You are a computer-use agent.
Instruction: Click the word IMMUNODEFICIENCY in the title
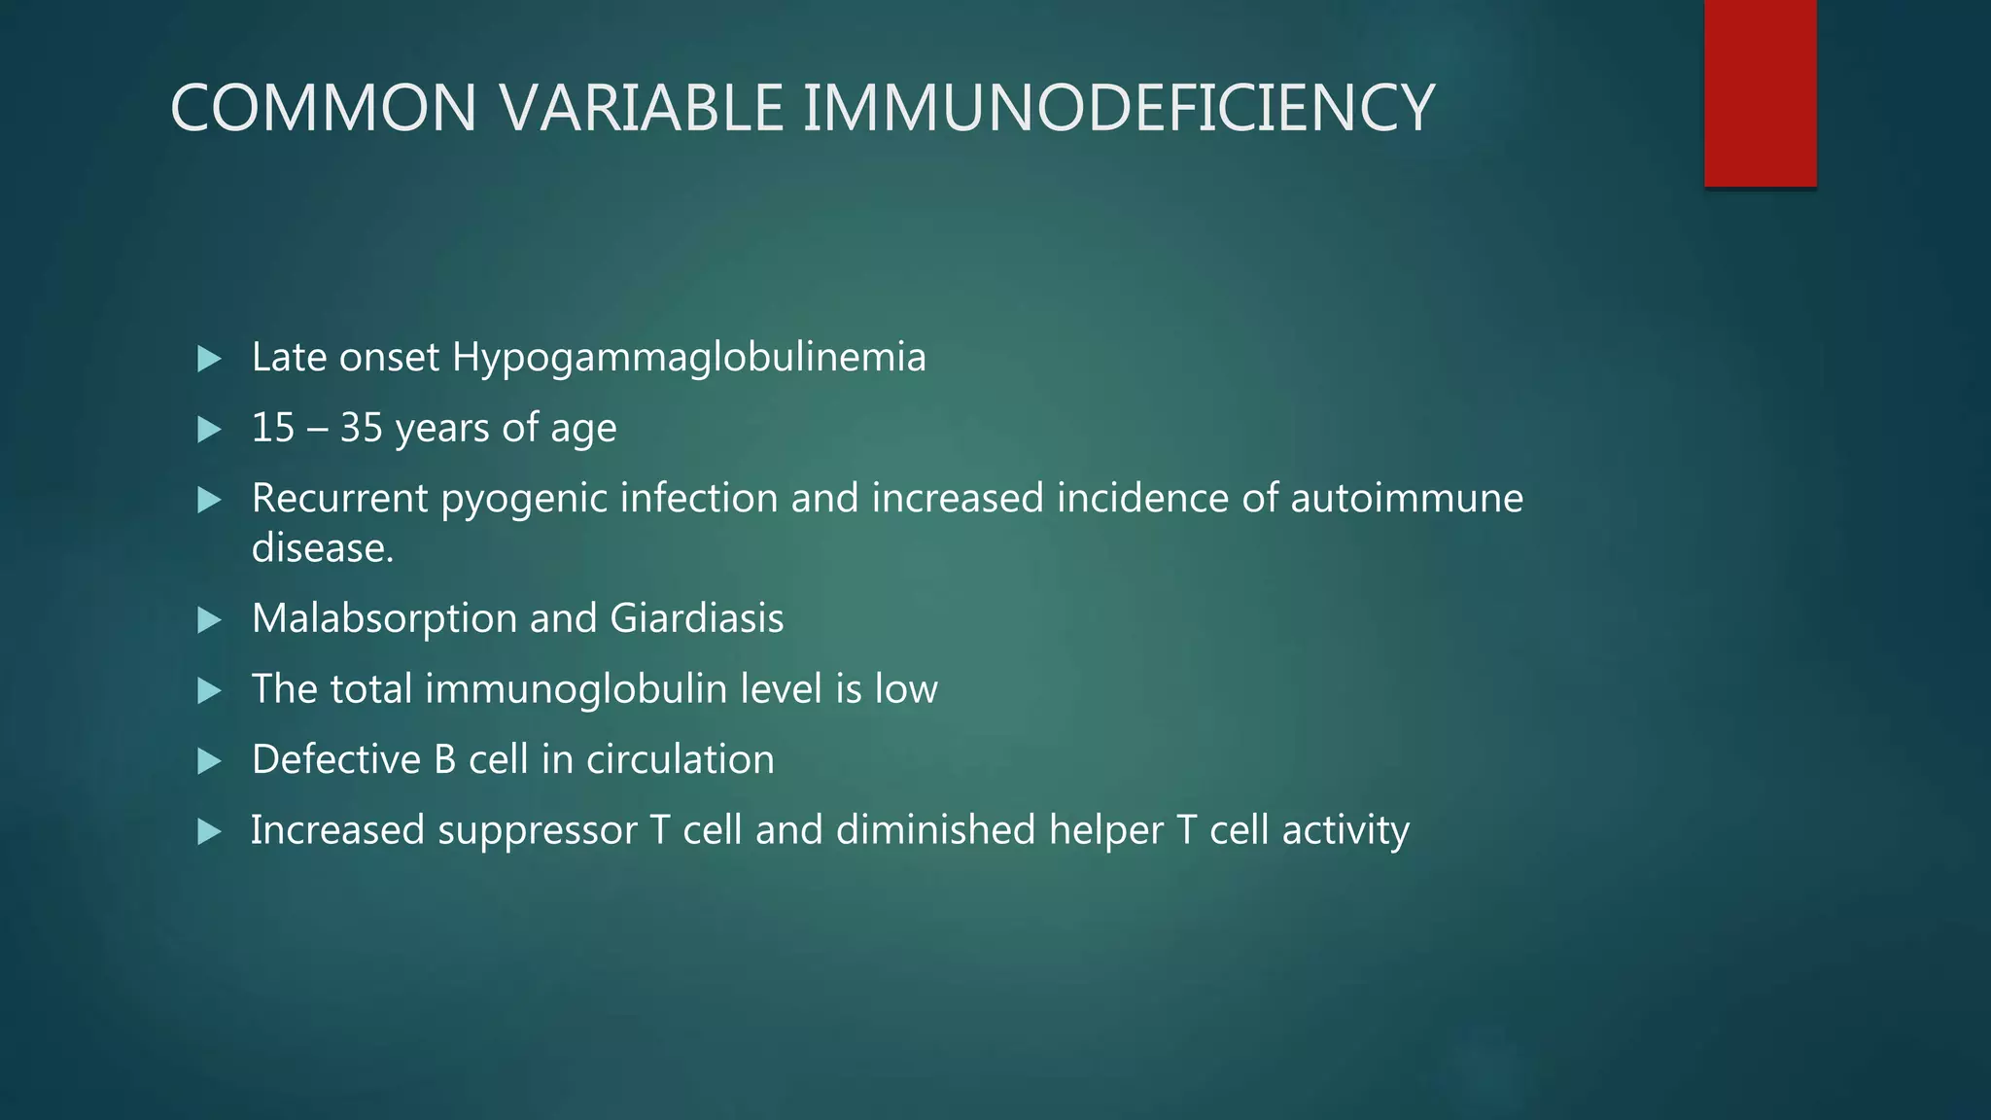[x=1118, y=108]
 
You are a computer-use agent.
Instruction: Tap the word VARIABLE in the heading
[x=642, y=108]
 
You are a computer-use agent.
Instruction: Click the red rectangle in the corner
[x=1760, y=93]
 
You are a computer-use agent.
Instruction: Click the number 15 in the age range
[x=272, y=428]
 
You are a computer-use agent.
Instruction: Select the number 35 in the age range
[x=362, y=428]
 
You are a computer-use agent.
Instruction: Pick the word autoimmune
[x=1407, y=498]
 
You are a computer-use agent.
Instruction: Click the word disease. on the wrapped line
[x=323, y=548]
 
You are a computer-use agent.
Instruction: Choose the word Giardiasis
[x=697, y=619]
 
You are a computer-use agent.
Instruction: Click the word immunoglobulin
[x=576, y=689]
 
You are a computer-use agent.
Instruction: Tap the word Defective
[x=336, y=760]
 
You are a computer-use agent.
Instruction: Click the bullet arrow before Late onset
[x=209, y=359]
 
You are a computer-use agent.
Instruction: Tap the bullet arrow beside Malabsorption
[x=209, y=620]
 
